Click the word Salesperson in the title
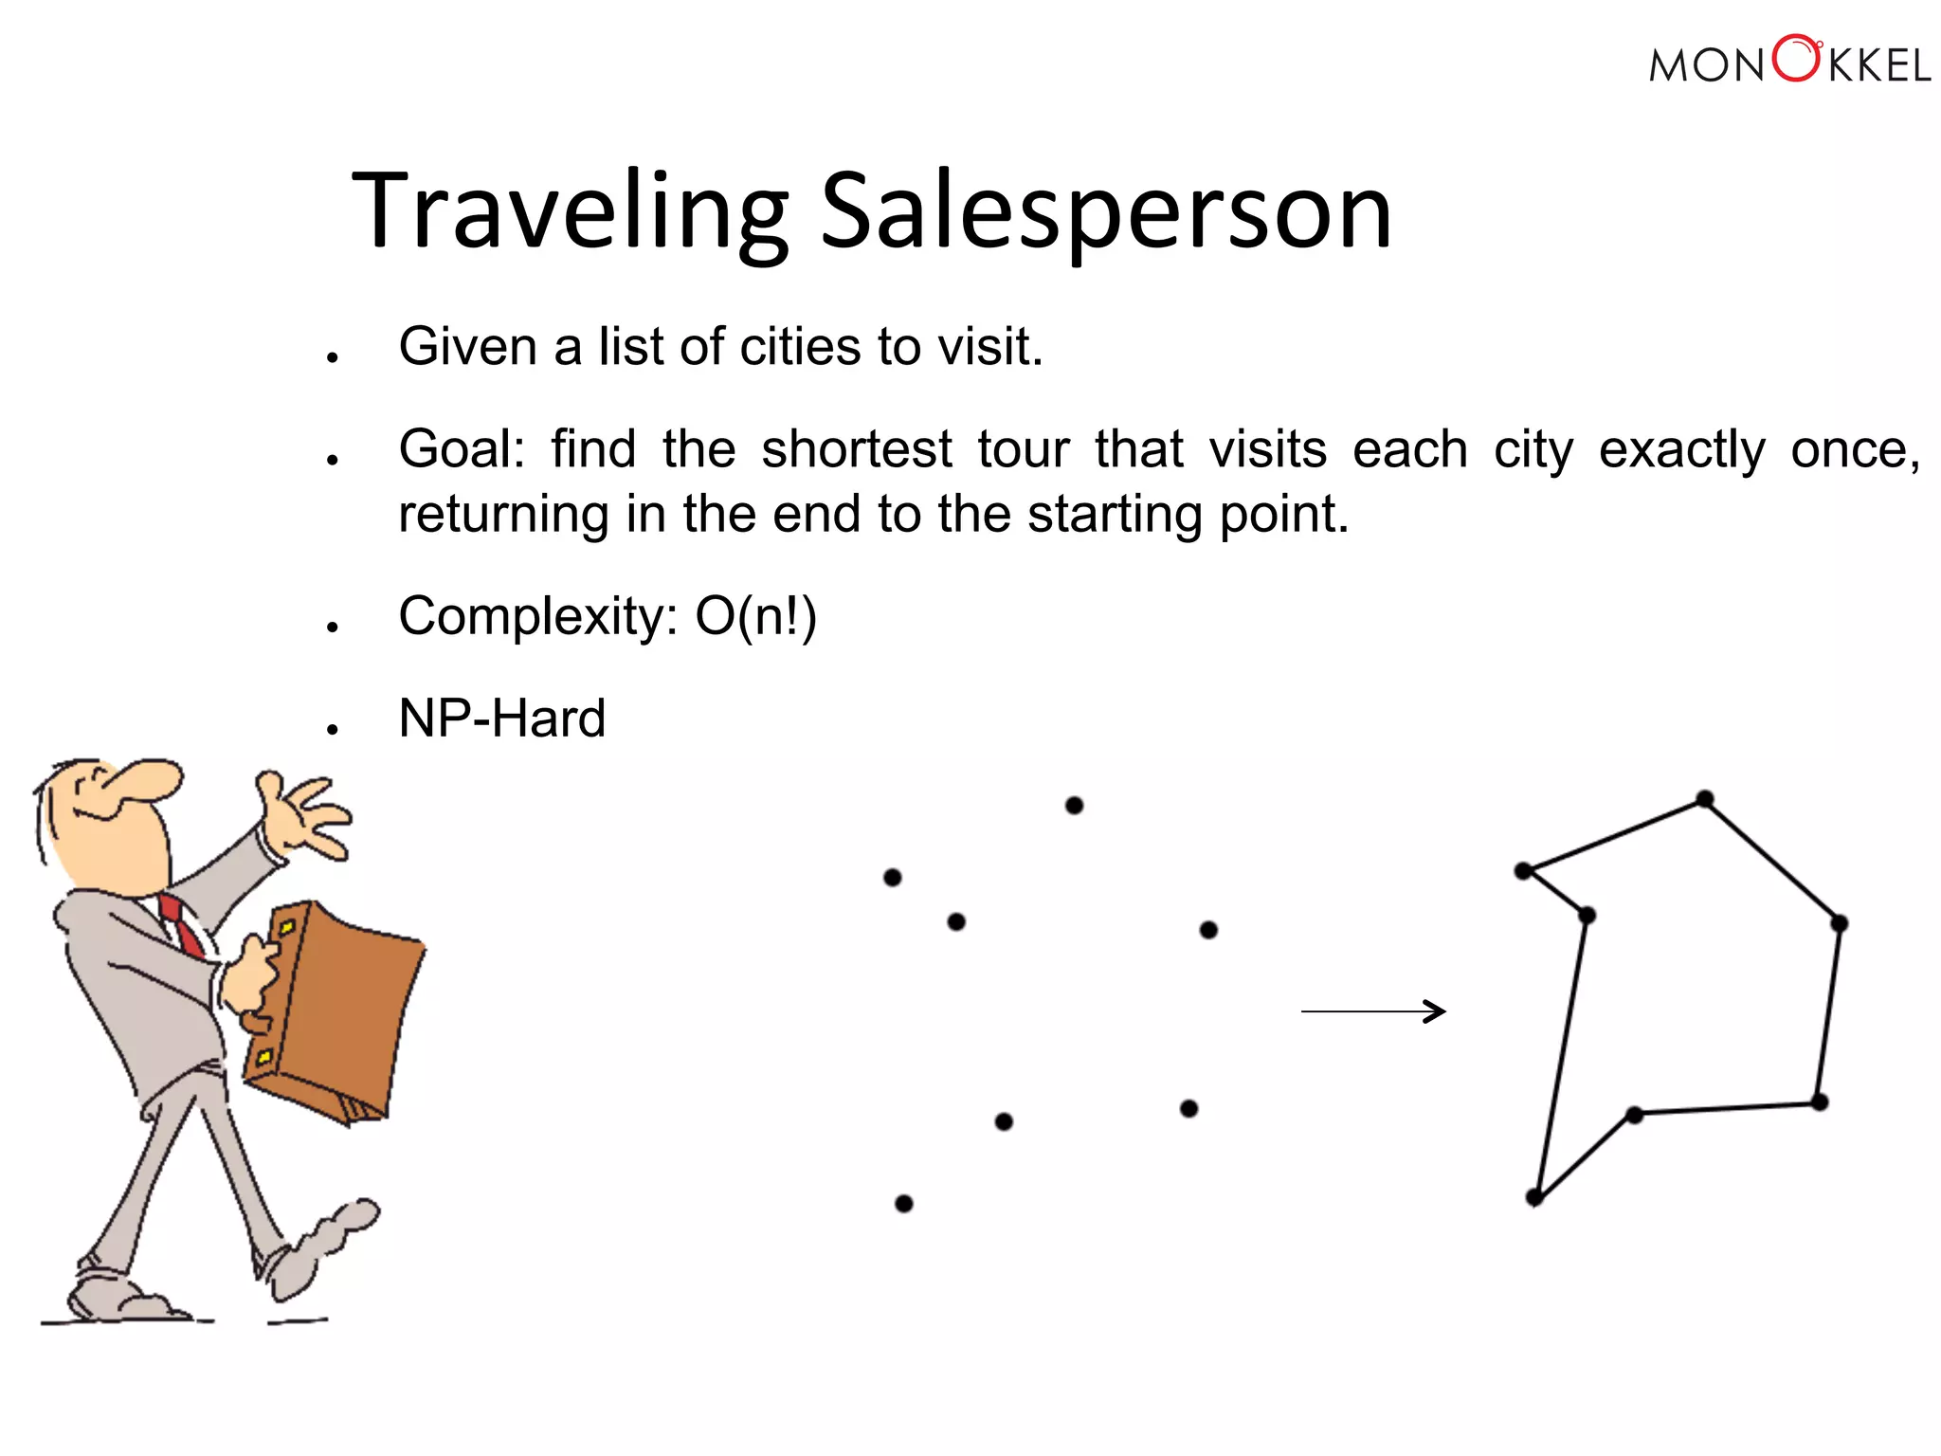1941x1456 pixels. pos(1105,210)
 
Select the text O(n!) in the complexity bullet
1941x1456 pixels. pos(755,617)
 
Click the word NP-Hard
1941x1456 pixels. pos(501,719)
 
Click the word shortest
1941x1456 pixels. pos(857,449)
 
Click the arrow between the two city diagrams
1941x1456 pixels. pos(1373,1011)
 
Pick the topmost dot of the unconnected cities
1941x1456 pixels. pos(1074,806)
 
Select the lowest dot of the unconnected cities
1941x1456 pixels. pos(904,1204)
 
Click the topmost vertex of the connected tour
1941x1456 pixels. pos(1705,799)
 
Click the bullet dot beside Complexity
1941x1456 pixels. pos(332,628)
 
